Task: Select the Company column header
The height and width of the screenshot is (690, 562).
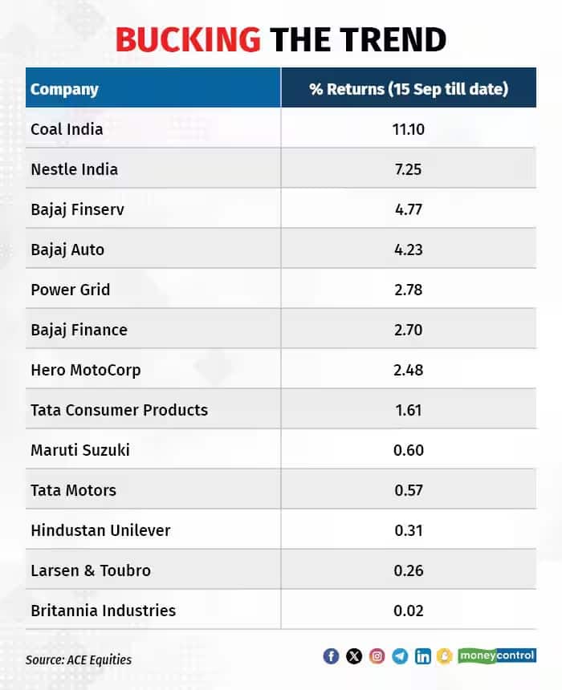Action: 64,89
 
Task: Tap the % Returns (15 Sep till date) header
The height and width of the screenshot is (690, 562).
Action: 409,89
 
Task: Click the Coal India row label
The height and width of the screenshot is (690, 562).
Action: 67,129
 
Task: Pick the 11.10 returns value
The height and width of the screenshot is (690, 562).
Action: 409,129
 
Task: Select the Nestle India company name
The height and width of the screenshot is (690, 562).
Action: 74,169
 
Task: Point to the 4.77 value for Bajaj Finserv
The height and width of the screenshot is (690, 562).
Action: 409,209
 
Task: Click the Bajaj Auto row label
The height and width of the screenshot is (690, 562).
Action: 67,250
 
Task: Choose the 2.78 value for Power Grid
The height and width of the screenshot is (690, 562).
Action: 409,290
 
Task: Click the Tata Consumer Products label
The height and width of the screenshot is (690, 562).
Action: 119,410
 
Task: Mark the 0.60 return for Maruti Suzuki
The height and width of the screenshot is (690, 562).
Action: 409,450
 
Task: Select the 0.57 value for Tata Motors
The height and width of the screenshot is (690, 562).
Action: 409,490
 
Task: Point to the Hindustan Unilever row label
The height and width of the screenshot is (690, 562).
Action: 100,530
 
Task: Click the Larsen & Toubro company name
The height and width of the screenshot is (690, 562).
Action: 91,570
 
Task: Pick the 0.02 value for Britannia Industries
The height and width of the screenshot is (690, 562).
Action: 409,611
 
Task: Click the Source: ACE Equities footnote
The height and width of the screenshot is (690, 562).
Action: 79,660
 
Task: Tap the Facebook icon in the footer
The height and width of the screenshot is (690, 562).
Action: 331,656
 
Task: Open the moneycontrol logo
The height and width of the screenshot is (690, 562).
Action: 497,655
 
